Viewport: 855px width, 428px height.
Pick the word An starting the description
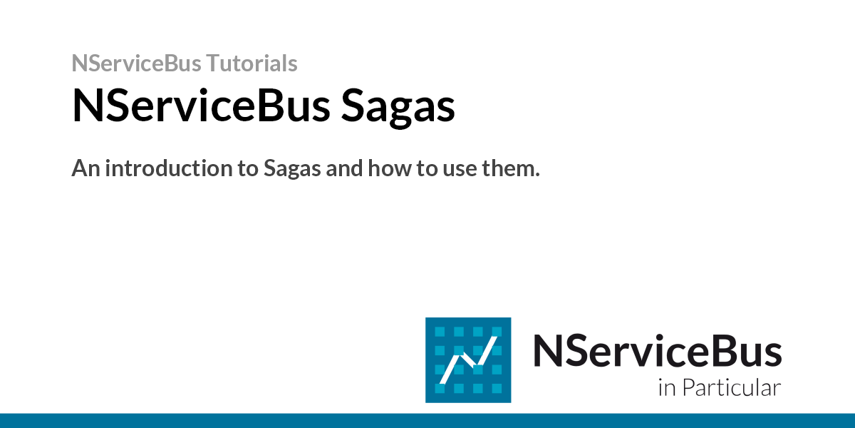(83, 169)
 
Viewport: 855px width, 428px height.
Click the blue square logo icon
(468, 360)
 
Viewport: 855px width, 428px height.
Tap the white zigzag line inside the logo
(467, 360)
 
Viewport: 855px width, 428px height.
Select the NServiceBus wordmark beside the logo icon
(657, 351)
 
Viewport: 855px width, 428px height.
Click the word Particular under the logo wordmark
(731, 389)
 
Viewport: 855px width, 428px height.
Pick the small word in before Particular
(666, 389)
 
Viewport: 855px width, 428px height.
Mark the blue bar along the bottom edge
(427, 420)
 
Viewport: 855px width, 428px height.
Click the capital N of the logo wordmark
(547, 351)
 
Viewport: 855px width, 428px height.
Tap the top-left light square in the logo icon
(440, 332)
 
